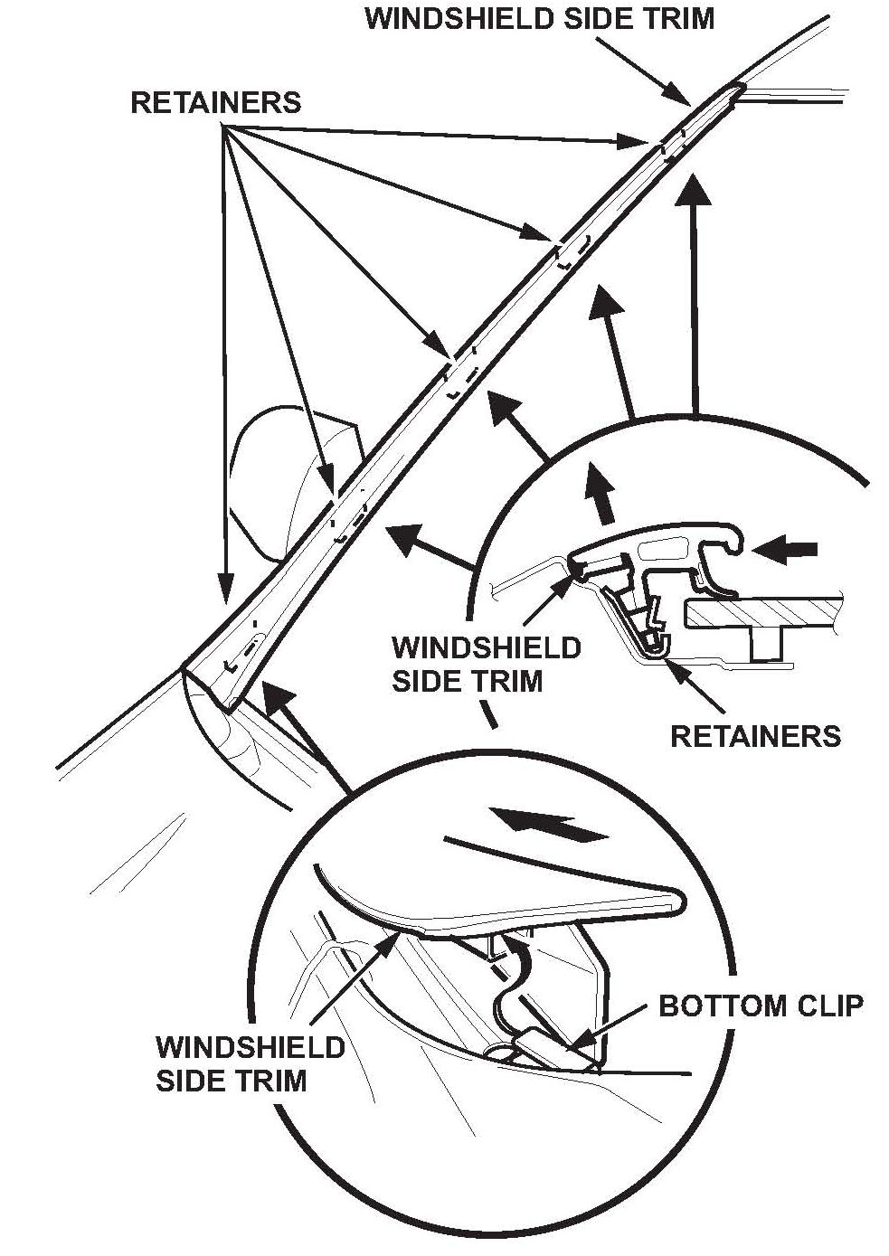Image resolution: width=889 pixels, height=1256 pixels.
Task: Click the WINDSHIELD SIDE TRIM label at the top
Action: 539,17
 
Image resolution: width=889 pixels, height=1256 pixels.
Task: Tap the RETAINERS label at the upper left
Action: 215,102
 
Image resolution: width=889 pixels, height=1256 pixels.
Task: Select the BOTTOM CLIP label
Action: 761,1005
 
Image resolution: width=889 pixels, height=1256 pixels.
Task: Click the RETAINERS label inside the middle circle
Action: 755,735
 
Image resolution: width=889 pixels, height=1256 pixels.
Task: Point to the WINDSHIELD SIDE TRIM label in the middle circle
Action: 486,664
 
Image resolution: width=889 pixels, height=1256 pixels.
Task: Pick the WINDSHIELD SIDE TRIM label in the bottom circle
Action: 250,1062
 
